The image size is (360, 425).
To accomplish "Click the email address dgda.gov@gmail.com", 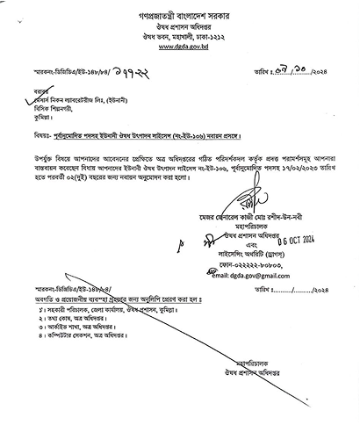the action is coord(256,275).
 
